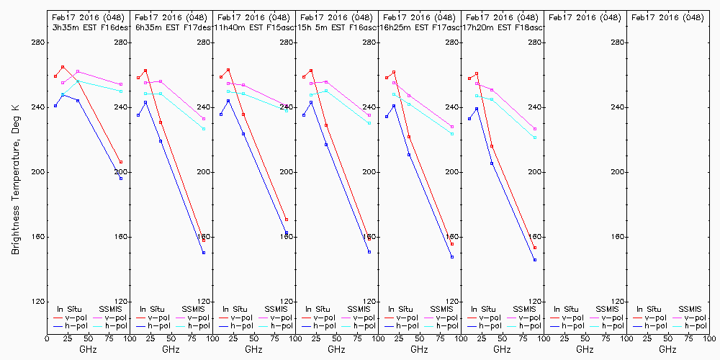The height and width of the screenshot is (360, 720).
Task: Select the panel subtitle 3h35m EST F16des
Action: (x=86, y=27)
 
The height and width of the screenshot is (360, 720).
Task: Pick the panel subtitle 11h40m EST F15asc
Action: (x=252, y=27)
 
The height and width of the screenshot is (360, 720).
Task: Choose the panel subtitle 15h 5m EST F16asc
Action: (x=335, y=27)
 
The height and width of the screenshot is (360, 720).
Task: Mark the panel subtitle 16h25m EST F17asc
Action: (x=418, y=27)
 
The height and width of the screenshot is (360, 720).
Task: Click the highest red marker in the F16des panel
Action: (x=63, y=67)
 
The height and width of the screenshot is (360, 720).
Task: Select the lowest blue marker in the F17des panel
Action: (x=204, y=253)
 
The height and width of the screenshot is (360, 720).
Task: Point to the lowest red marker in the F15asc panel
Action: (x=287, y=220)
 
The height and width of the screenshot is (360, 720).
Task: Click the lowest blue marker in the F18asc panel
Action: (x=535, y=260)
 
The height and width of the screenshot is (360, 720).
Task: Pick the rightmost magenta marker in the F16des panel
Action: (x=121, y=84)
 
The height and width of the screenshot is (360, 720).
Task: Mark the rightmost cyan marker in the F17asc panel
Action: (x=452, y=134)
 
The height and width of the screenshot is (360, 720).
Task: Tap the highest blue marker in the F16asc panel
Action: (x=311, y=102)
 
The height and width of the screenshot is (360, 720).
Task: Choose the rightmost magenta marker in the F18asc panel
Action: (x=535, y=129)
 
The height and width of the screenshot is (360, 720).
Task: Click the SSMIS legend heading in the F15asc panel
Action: (x=276, y=309)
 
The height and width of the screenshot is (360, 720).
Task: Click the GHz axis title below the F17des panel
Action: (x=171, y=349)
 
